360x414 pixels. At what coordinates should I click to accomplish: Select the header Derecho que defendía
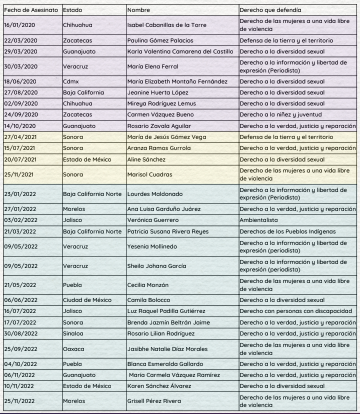click(x=270, y=10)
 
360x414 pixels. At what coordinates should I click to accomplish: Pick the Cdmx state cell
click(x=70, y=81)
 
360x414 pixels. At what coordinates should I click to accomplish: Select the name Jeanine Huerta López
click(x=155, y=92)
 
